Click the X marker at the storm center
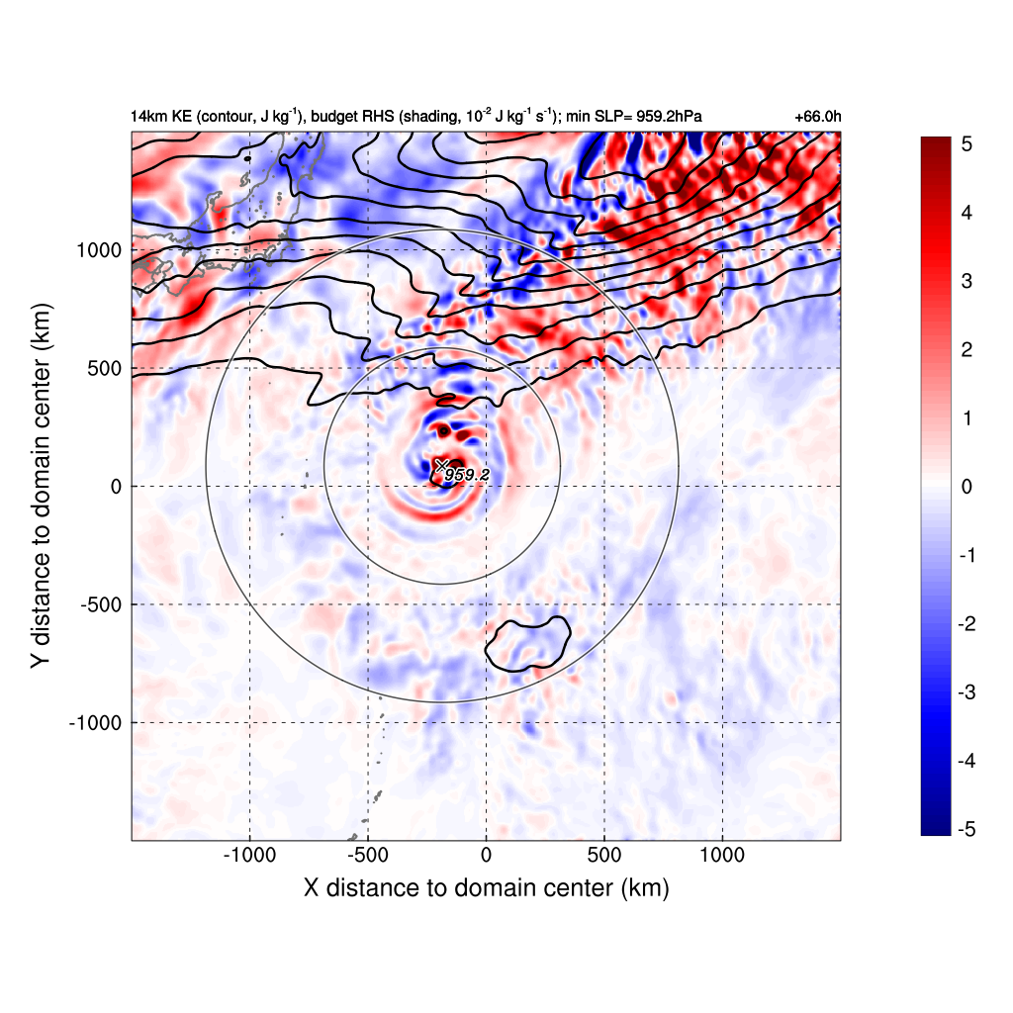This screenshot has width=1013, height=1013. point(441,465)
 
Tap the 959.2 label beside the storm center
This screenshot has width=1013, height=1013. point(467,476)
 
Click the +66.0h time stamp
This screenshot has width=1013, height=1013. point(817,117)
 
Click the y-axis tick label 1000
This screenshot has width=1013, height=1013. point(99,249)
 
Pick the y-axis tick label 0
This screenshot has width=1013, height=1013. point(116,487)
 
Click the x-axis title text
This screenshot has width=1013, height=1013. point(486,888)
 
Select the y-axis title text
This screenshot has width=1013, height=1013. point(41,487)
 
